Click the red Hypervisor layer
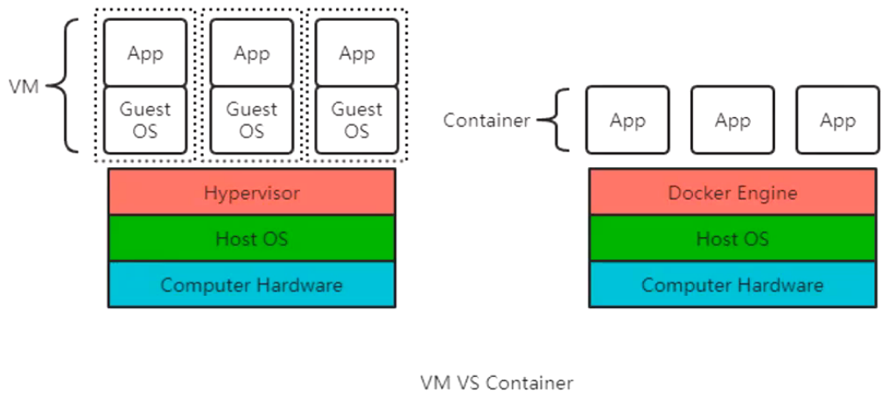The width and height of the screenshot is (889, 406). tap(252, 192)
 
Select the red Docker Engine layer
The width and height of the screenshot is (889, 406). tap(732, 192)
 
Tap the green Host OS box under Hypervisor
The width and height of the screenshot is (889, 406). tap(252, 238)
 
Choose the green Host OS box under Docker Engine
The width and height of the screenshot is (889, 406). tap(732, 238)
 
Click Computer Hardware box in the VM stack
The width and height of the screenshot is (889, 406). tap(252, 284)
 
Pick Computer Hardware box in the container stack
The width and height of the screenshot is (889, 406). tap(732, 284)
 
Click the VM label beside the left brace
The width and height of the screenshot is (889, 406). tap(24, 86)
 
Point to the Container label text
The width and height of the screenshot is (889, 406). tap(486, 120)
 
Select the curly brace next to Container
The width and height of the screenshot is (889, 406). tap(549, 120)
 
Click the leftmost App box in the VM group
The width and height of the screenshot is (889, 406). tap(145, 53)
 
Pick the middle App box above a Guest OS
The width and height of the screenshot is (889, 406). tap(252, 53)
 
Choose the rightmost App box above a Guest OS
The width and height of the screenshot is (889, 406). tap(357, 53)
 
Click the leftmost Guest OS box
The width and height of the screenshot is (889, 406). tap(145, 121)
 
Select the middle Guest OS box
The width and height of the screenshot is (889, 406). tap(252, 121)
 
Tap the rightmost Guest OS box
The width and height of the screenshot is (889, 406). tap(357, 121)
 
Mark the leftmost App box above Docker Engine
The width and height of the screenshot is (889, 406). tap(627, 120)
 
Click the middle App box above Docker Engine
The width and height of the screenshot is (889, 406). tap(732, 120)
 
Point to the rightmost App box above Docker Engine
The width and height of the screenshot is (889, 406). tap(837, 120)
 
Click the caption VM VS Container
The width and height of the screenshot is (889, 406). tap(497, 382)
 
